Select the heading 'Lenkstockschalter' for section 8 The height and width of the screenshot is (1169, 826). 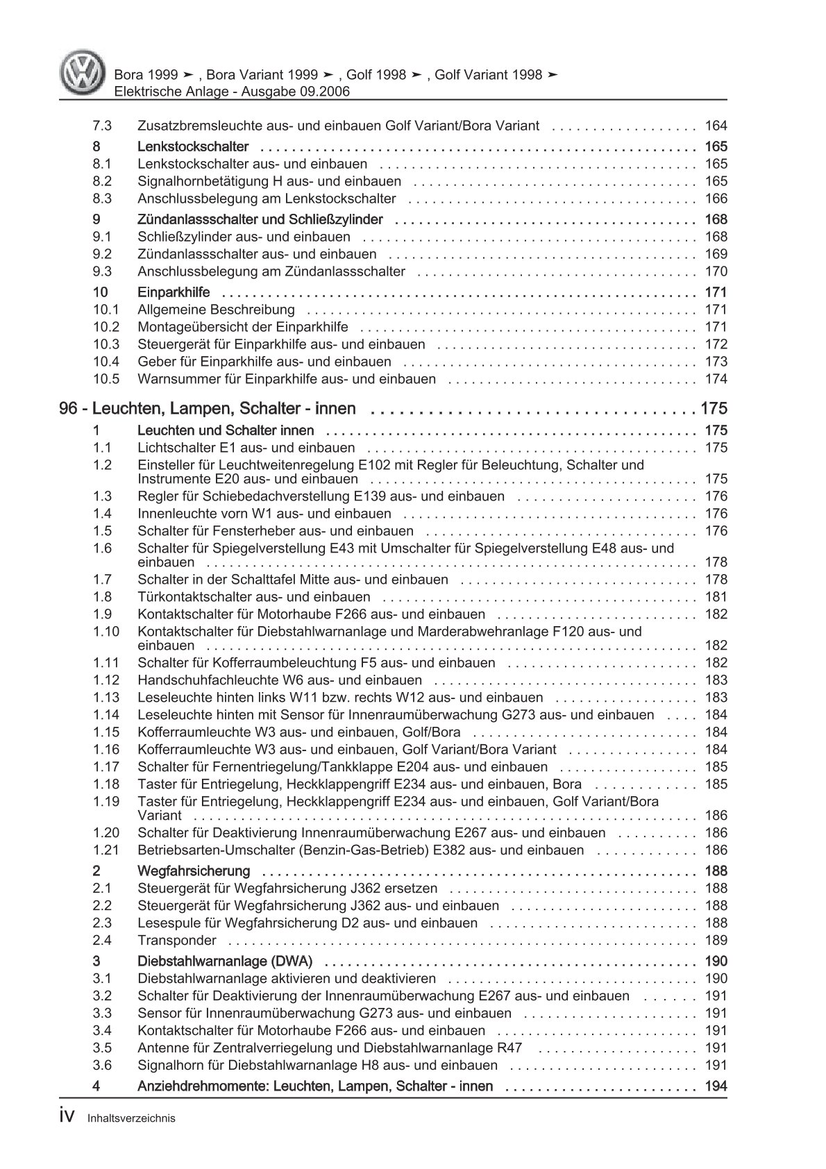coord(193,146)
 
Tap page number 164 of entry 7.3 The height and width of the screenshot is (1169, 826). coord(716,126)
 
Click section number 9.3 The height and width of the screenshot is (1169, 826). coord(102,271)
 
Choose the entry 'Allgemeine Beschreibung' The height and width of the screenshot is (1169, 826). coord(216,310)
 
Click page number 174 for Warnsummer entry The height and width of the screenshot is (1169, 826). coord(716,379)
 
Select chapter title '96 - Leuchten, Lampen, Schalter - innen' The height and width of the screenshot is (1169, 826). coord(208,408)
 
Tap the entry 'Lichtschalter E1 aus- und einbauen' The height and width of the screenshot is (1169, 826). coord(246,448)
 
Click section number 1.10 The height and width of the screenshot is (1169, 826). coord(106,632)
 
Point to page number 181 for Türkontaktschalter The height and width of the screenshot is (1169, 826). coord(716,597)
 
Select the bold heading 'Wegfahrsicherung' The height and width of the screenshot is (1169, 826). coord(194,871)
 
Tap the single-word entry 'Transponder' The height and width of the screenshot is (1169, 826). coord(177,941)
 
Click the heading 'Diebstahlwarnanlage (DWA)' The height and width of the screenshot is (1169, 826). coord(225,961)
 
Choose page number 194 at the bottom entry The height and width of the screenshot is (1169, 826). coord(716,1086)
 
